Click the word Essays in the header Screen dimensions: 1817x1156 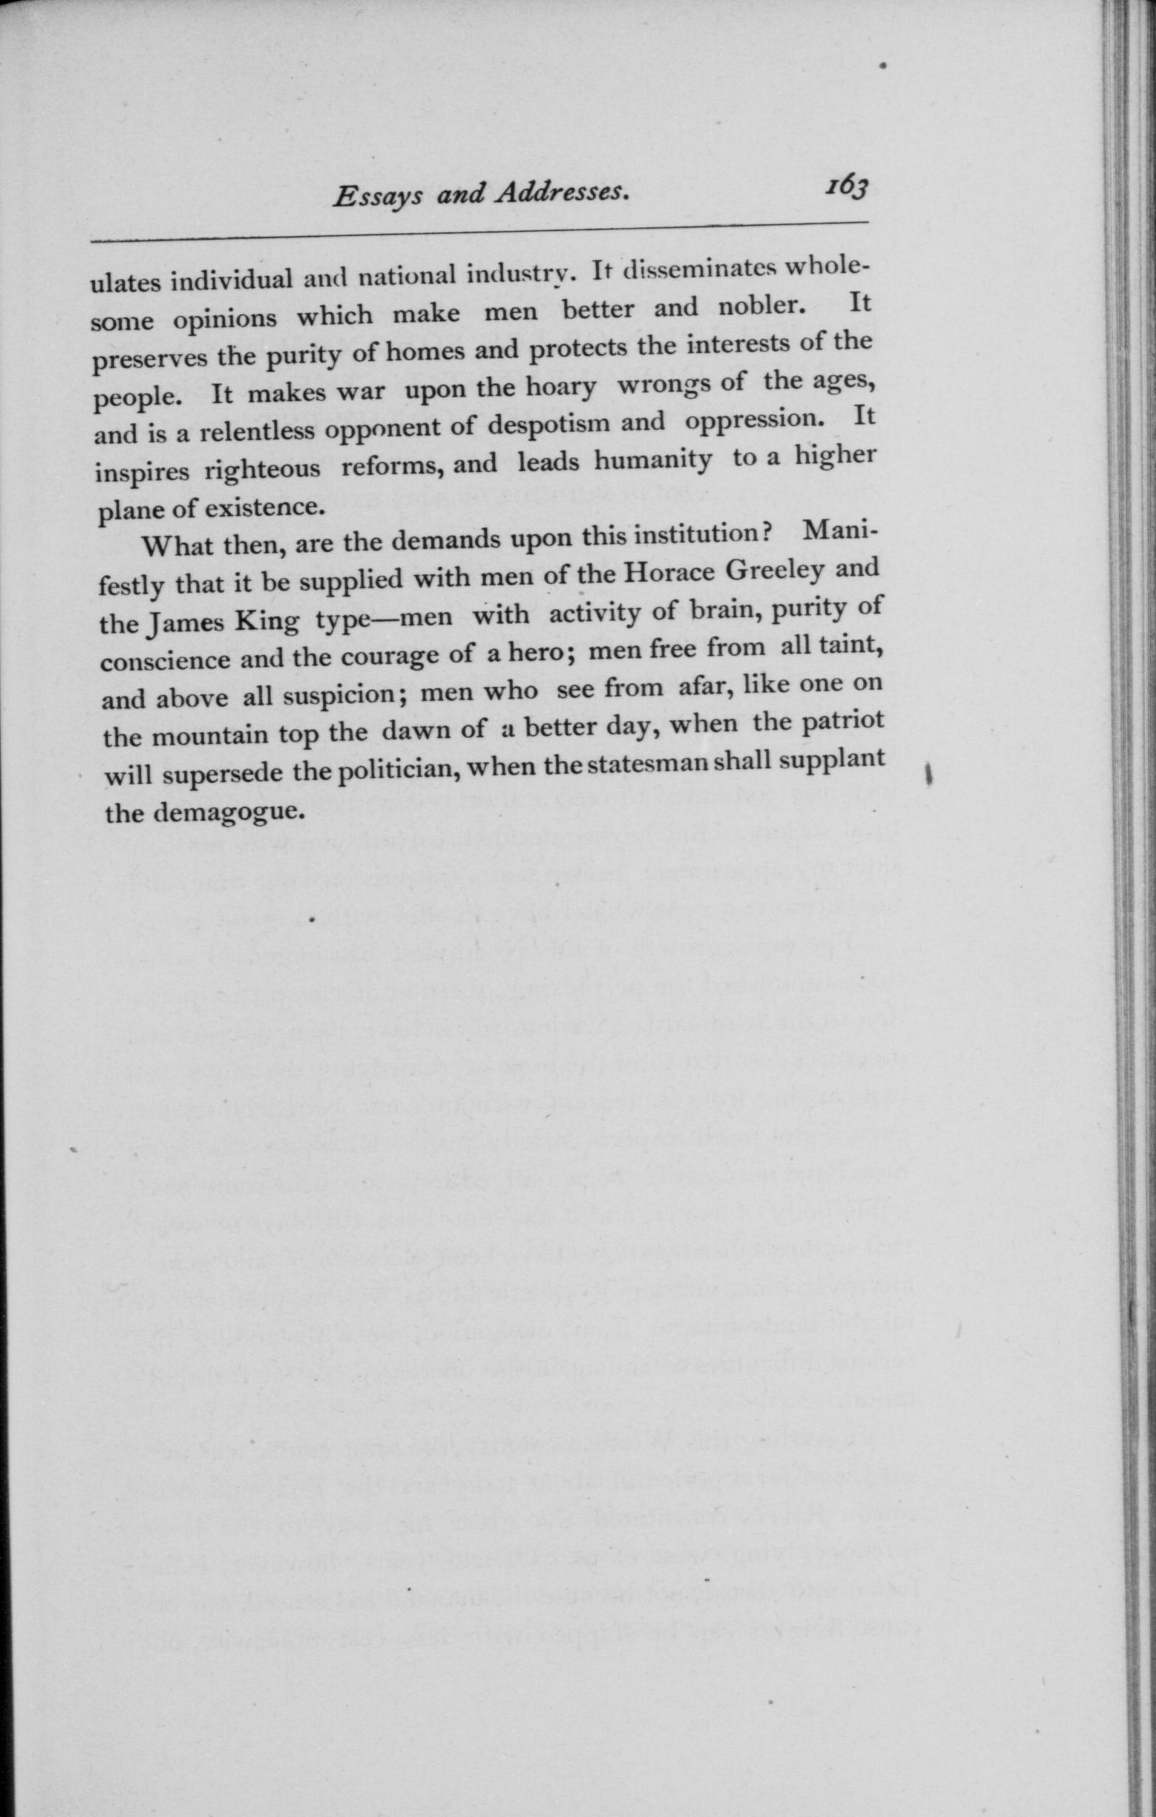click(382, 198)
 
